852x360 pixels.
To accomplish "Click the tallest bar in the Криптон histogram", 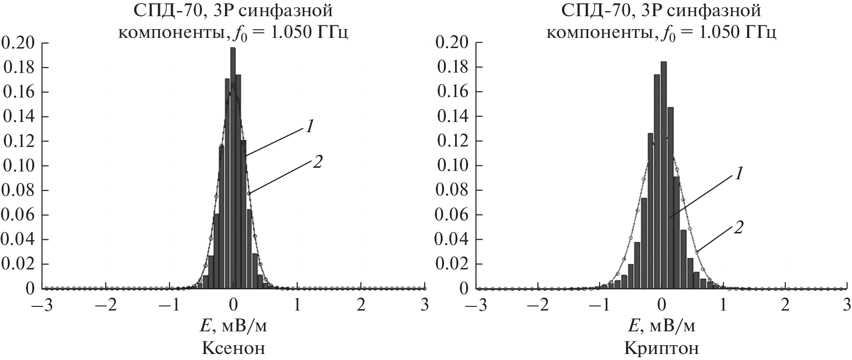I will point(663,176).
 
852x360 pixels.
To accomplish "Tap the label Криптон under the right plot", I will point(662,348).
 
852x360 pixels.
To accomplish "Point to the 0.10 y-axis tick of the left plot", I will point(18,165).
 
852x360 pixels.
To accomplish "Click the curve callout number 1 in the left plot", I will point(309,126).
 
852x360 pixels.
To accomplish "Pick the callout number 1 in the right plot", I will point(739,173).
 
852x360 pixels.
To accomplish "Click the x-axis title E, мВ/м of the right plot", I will point(662,327).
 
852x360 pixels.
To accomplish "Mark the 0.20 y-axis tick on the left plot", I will point(18,43).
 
